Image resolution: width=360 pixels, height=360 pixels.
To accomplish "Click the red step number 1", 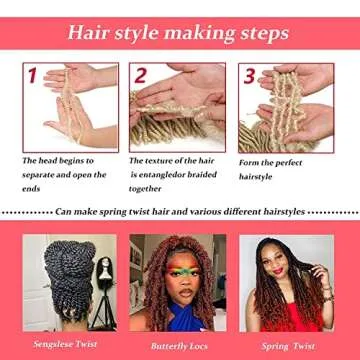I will (x=32, y=76).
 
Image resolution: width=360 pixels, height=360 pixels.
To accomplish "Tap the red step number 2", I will (x=141, y=75).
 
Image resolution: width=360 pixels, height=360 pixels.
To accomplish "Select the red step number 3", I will (x=249, y=76).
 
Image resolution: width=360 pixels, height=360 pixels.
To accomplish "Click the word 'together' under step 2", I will (x=145, y=188).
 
